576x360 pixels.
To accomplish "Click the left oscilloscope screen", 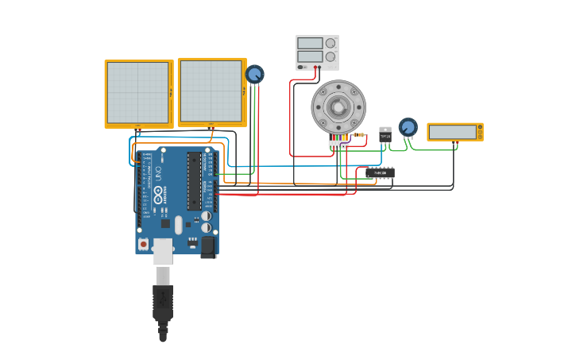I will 137,92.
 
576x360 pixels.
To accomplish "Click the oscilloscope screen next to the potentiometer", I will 211,91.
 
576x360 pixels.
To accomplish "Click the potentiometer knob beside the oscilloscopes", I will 254,75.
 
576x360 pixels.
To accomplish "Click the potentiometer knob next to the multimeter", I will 408,126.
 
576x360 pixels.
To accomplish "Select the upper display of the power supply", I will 310,43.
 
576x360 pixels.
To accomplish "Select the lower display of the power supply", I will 310,56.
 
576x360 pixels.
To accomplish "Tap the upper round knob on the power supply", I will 331,43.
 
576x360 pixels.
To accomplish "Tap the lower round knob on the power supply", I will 331,56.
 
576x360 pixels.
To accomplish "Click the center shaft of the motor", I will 338,106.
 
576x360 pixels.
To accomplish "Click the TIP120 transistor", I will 385,135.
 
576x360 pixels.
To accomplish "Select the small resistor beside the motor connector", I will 359,134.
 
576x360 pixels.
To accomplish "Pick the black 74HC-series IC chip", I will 381,172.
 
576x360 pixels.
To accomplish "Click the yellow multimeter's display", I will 452,132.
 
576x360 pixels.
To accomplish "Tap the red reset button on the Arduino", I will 144,244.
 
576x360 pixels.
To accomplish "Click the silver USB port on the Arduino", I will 163,250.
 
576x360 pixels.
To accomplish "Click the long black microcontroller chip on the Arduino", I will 194,181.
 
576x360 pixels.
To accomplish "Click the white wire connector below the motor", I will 338,145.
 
